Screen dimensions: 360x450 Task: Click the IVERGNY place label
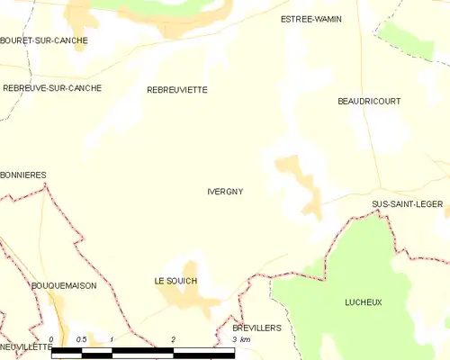click(225, 192)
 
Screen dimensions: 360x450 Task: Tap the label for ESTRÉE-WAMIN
click(311, 19)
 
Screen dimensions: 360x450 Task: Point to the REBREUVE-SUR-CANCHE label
click(51, 88)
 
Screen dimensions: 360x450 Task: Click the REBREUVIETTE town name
click(177, 90)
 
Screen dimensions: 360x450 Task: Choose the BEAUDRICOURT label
click(369, 102)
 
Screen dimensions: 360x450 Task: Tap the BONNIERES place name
click(23, 175)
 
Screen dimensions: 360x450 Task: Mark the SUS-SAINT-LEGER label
click(407, 204)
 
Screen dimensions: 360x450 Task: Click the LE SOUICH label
click(175, 282)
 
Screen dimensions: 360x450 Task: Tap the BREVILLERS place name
click(256, 328)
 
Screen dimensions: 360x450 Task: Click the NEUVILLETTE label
click(26, 346)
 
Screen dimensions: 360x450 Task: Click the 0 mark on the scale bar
click(51, 339)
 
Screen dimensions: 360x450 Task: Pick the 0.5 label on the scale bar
click(81, 339)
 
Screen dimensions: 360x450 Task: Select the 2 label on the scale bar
click(173, 339)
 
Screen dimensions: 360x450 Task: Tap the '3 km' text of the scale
click(240, 340)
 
